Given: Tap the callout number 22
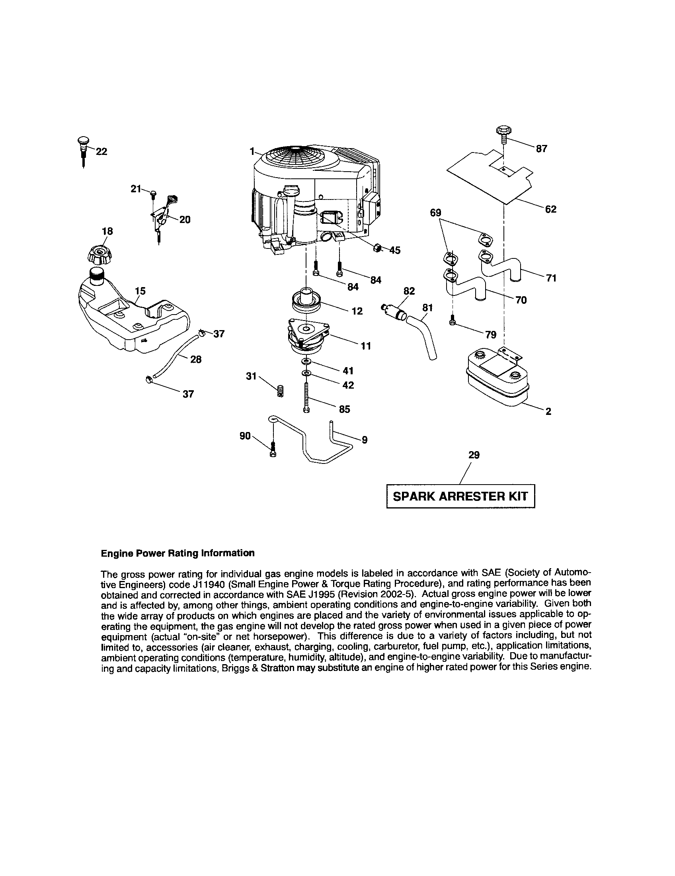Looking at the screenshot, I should tap(102, 152).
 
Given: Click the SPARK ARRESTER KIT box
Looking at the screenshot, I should tap(460, 496).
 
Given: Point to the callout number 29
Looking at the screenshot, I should tap(474, 455).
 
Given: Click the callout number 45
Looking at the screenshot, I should tap(395, 250).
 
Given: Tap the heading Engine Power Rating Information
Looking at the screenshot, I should tap(178, 553).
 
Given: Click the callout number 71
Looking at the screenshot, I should tap(551, 278).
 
